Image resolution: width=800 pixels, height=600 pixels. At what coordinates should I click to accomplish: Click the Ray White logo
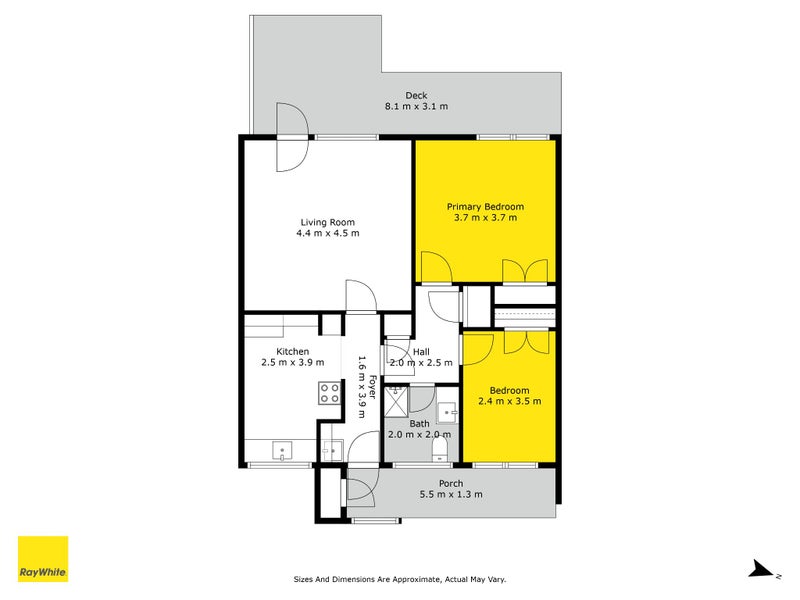(43, 559)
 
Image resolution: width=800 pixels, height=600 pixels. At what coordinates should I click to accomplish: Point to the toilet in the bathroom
(438, 453)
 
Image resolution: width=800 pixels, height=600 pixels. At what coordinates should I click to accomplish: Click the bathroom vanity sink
(447, 411)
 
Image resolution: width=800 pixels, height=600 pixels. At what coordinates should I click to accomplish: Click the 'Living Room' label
(327, 222)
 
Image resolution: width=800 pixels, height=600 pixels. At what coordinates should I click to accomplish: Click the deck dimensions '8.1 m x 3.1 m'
(416, 106)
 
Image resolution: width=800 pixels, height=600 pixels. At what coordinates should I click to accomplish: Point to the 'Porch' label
(450, 483)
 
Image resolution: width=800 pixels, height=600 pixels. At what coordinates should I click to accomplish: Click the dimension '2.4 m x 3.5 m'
(509, 401)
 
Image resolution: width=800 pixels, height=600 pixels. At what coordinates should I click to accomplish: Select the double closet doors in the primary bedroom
(525, 270)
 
